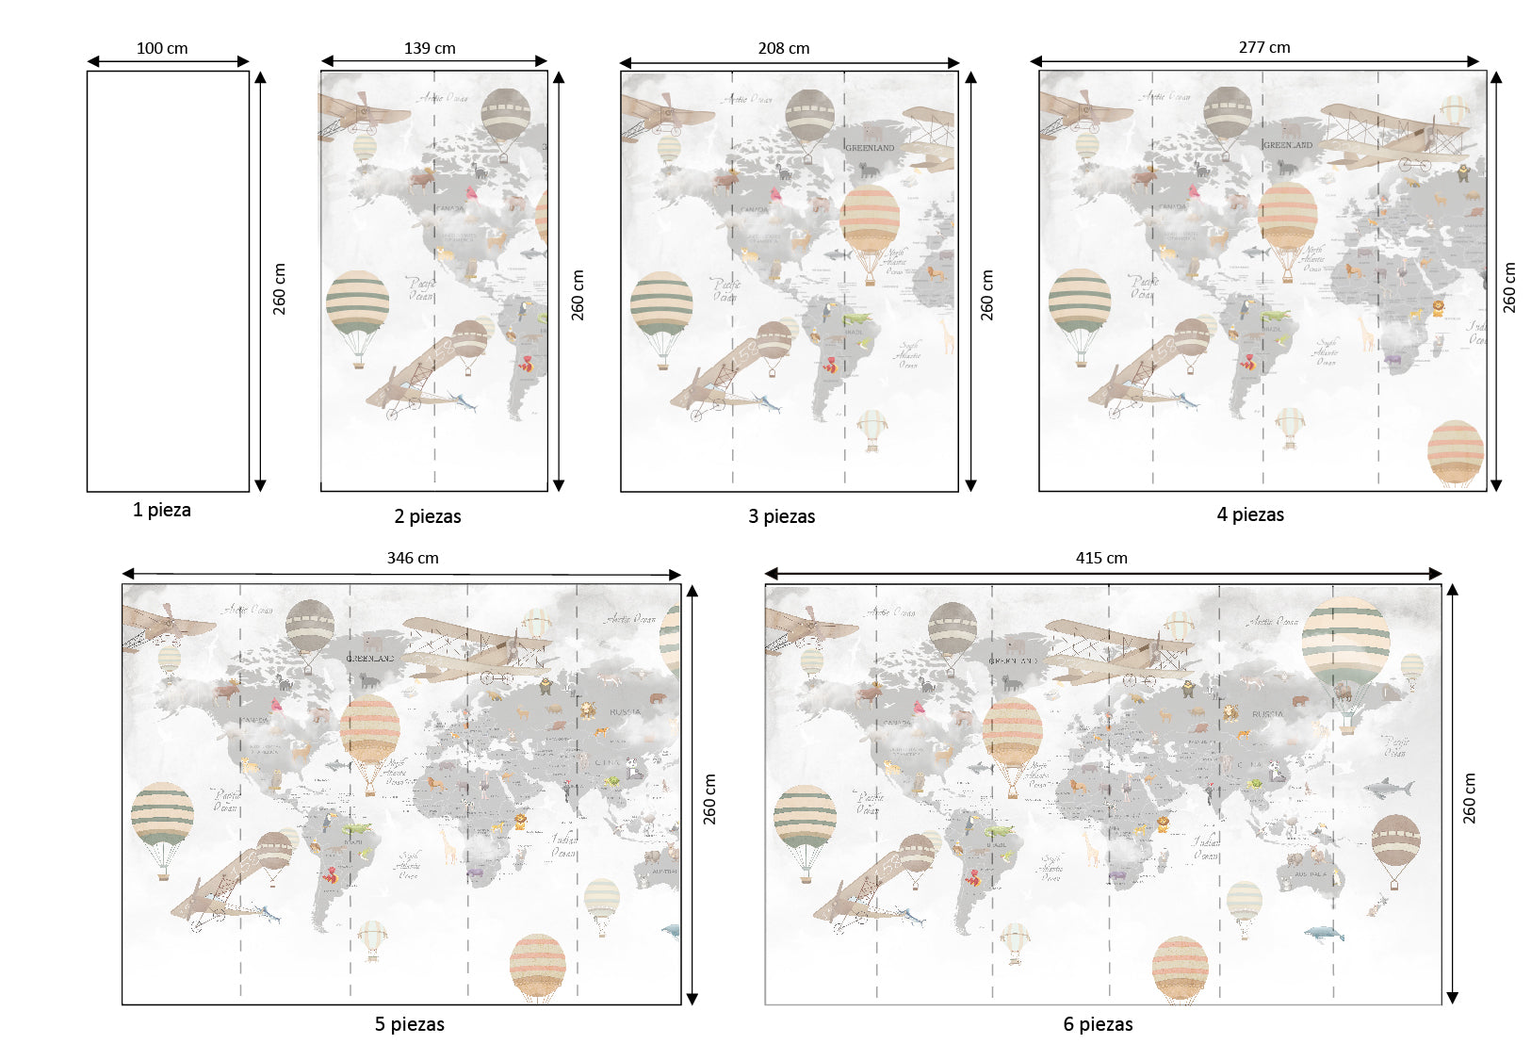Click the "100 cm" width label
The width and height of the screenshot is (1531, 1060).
162,48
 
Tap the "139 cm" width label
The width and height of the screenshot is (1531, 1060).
430,48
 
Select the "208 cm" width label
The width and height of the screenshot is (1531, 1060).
784,48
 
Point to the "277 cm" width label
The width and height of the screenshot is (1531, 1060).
1264,47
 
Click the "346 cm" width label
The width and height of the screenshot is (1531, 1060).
413,558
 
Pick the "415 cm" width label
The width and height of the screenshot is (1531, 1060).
1101,558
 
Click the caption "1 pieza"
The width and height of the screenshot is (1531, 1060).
162,510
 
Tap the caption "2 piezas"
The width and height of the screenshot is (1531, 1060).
428,516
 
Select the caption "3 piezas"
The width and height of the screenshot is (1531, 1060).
782,516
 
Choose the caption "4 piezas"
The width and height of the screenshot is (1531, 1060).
1250,514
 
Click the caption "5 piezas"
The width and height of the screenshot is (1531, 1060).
410,1024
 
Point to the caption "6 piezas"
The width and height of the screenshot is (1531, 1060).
1099,1024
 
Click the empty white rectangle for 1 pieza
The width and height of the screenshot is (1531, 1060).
168,281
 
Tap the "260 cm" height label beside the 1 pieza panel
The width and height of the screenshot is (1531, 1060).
280,288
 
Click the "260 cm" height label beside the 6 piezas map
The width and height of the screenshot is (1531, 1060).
1470,798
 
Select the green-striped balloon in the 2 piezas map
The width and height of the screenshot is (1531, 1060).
357,303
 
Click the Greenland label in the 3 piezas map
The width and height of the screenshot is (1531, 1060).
870,148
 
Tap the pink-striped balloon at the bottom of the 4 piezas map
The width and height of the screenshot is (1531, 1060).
1456,451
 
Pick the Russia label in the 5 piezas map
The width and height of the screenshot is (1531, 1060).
625,712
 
